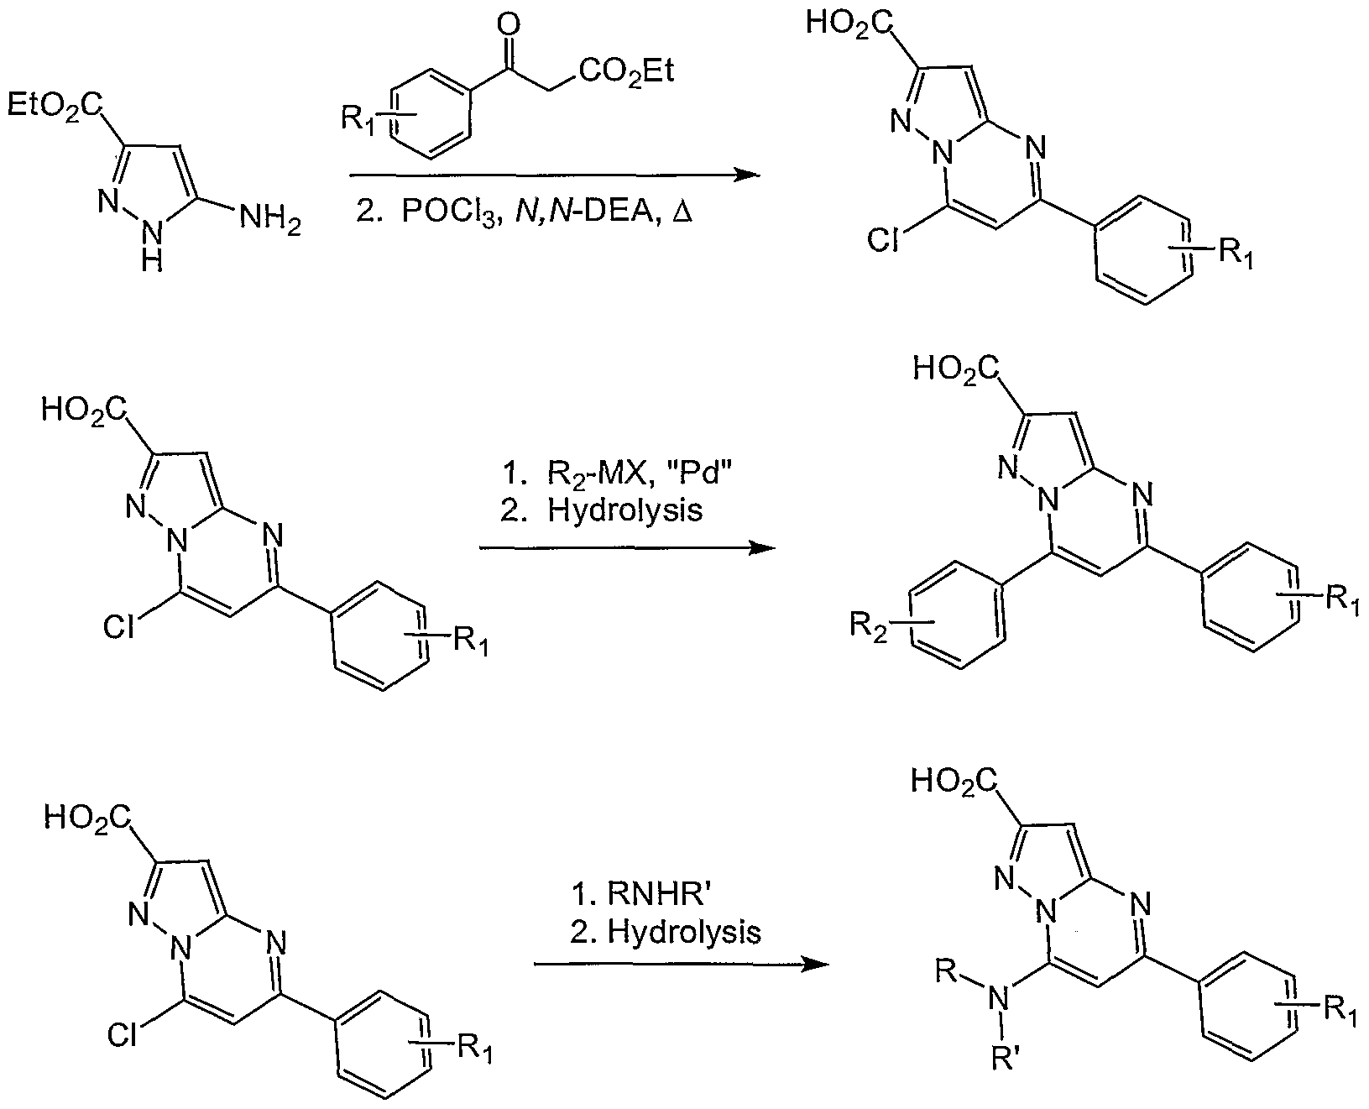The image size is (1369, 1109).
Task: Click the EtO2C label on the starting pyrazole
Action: tap(56, 106)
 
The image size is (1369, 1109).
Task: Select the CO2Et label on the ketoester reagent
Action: tap(627, 72)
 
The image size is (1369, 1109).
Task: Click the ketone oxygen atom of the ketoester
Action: tap(505, 23)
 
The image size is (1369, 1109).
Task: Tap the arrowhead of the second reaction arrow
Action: tap(761, 548)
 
